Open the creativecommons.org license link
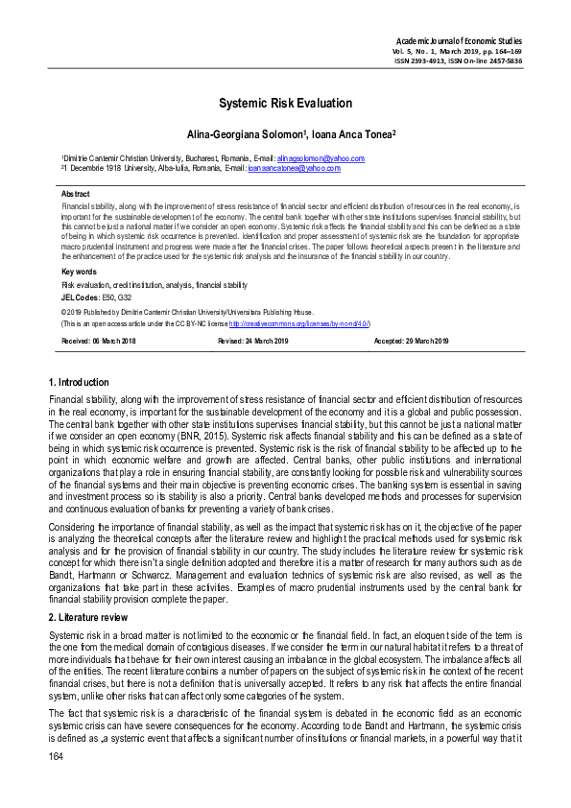click(300, 323)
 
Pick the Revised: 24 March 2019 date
click(256, 342)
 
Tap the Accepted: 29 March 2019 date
click(411, 342)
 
